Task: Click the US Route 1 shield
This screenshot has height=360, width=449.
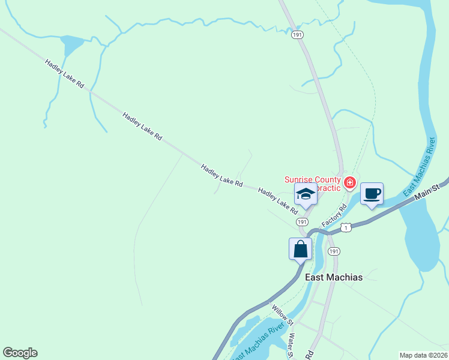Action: pos(346,227)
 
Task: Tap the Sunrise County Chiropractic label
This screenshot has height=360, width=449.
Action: pos(312,183)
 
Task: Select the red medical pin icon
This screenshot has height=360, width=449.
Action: pos(349,182)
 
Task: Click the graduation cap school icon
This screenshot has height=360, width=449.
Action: pos(306,194)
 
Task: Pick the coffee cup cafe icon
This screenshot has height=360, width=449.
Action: pos(372,194)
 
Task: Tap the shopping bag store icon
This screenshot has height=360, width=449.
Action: pos(300,249)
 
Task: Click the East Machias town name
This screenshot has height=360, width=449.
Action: pos(334,277)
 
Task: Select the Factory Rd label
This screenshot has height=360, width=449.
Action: pos(334,215)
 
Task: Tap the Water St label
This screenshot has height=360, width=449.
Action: pos(291,346)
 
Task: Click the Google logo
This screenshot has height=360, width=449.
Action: pos(20,352)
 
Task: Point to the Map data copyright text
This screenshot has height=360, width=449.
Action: pos(423,355)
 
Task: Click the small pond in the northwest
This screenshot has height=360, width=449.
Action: pos(71,45)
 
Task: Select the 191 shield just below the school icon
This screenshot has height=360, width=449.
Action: pos(303,222)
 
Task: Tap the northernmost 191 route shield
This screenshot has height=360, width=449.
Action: pos(297,35)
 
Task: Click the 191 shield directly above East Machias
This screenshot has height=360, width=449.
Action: pos(334,251)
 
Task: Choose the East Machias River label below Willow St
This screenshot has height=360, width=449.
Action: pos(258,343)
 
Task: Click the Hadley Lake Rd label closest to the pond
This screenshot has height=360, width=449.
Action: pos(64,74)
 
